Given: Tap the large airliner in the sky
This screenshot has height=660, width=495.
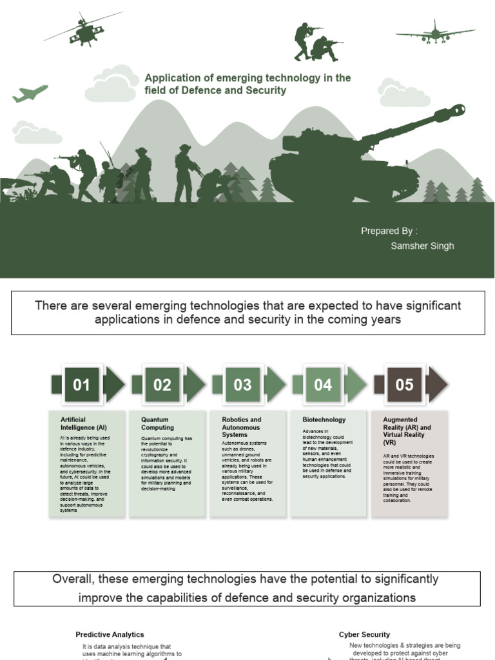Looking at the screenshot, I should tap(434, 33).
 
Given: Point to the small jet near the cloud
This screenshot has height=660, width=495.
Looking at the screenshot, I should tap(30, 93).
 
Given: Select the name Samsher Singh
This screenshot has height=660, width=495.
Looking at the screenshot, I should tap(422, 246).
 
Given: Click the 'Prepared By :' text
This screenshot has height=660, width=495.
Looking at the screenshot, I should tap(389, 231).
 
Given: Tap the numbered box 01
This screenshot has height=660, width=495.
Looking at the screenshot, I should tap(81, 385).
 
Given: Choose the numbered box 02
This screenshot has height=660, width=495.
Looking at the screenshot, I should tap(162, 385).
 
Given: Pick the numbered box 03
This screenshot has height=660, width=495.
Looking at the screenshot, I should tap(242, 385).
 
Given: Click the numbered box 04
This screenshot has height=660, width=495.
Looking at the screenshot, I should tap(323, 385).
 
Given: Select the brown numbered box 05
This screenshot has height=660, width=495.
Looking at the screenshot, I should tap(404, 385).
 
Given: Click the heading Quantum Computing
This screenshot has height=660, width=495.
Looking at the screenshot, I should tap(158, 423).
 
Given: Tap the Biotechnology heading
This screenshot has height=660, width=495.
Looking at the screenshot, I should tap(324, 420).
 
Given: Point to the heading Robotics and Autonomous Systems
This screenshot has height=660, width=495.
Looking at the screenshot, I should tap(242, 427).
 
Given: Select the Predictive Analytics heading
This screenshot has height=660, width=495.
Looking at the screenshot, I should tap(110, 635).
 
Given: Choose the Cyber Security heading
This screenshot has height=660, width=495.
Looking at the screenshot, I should tap(364, 635).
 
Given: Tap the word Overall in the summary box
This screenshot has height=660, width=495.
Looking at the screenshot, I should tap(73, 579).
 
